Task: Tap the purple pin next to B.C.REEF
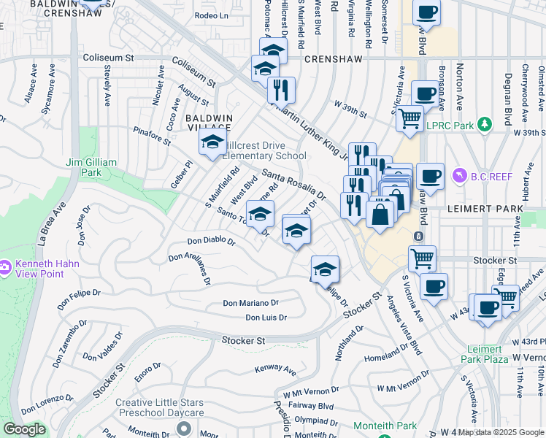[459, 175]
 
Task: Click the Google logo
[24, 429]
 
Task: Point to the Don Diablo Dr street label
[211, 240]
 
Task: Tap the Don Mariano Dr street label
[250, 302]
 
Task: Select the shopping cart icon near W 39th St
[409, 117]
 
